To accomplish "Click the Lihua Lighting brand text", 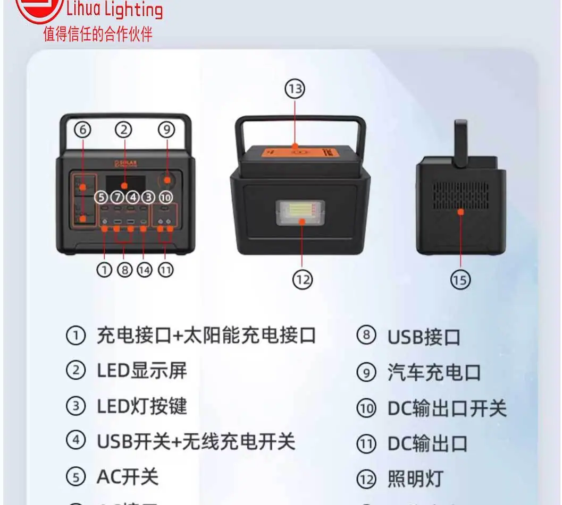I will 114,10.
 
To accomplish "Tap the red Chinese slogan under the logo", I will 98,35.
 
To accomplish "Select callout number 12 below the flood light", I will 302,279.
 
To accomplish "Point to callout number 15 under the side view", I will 460,279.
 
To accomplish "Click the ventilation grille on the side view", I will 460,196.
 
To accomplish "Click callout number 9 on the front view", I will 166,130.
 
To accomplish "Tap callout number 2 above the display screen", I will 124,130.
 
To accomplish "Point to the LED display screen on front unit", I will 124,184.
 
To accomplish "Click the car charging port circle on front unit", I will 167,180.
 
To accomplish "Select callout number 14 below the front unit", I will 144,270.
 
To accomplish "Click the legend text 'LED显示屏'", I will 141,371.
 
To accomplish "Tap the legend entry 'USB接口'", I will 423,337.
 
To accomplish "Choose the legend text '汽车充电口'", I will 434,373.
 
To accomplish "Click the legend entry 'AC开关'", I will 127,477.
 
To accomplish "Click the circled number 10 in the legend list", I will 366,409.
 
